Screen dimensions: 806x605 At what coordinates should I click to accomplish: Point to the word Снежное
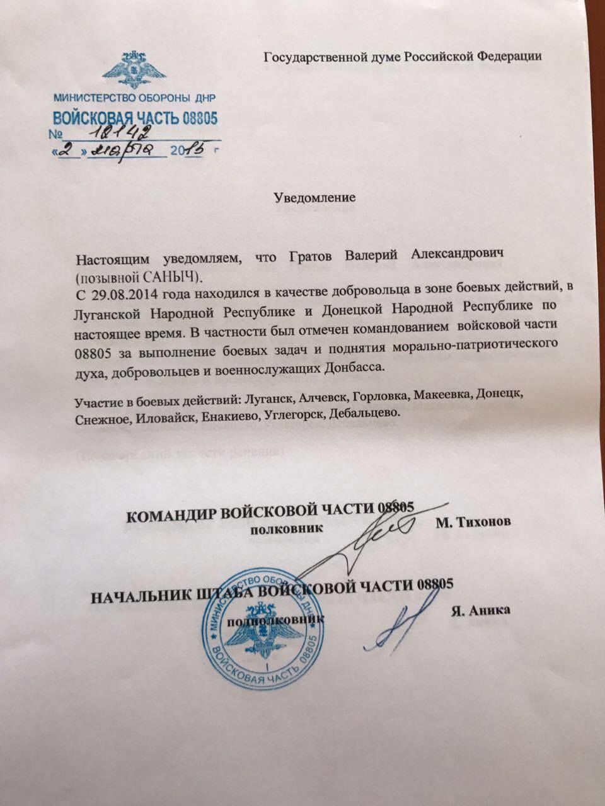point(99,416)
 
